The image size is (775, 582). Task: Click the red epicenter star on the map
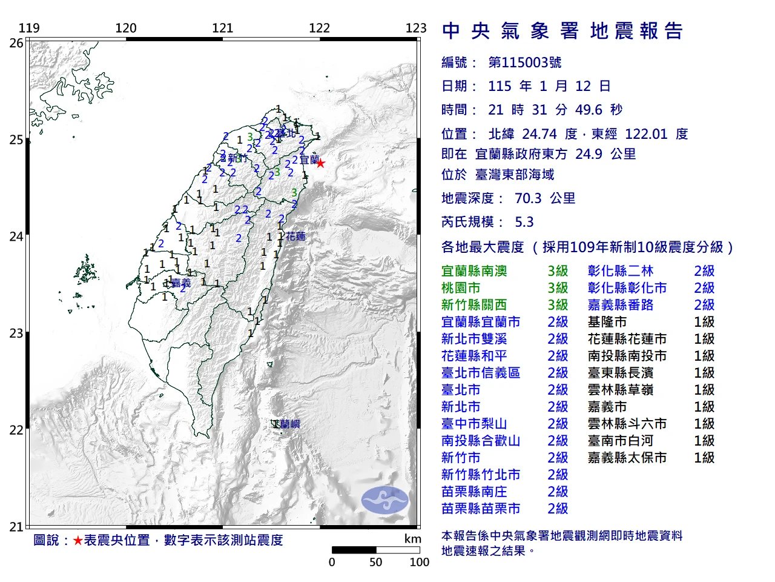[320, 163]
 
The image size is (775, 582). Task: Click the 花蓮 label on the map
[295, 236]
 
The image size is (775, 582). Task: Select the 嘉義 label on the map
[181, 283]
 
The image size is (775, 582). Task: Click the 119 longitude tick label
[29, 28]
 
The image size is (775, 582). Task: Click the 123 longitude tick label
[416, 28]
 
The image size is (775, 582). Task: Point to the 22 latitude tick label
[16, 430]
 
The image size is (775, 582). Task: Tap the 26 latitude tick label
[16, 43]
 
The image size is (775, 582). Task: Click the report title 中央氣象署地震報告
[562, 31]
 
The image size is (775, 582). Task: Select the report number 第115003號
[525, 62]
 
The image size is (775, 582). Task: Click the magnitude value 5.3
[524, 222]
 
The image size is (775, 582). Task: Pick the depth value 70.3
[529, 198]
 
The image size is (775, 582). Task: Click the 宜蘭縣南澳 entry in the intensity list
[474, 271]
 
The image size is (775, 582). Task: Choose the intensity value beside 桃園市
[558, 288]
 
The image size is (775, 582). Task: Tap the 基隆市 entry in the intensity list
[607, 322]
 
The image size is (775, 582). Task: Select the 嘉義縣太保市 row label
[627, 458]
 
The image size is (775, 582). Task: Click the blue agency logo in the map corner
[385, 500]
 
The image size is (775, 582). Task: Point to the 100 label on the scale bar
[419, 562]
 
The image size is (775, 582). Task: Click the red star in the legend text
[77, 540]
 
